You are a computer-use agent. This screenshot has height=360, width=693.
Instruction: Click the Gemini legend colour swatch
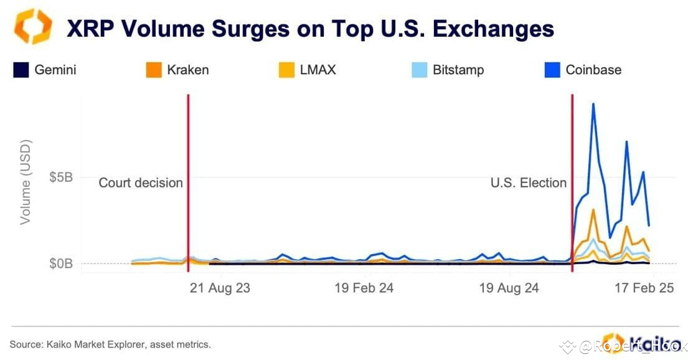click(x=21, y=70)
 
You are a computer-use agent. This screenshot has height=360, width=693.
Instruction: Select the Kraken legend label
click(x=187, y=70)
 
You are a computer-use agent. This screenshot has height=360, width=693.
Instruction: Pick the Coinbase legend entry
click(x=593, y=70)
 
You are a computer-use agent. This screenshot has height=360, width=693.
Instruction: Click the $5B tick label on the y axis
click(x=60, y=177)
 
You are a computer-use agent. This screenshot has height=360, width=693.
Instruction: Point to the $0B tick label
click(x=60, y=263)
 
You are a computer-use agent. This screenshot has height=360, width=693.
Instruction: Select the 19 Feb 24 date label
click(x=364, y=289)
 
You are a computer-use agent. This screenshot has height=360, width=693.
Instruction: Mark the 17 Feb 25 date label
click(x=644, y=289)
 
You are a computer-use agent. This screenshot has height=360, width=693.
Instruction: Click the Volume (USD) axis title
click(x=26, y=182)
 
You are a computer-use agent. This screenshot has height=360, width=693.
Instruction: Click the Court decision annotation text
click(x=141, y=183)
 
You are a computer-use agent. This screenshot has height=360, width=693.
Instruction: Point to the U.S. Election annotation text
click(x=528, y=183)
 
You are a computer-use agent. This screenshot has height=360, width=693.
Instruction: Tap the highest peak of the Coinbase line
click(x=593, y=104)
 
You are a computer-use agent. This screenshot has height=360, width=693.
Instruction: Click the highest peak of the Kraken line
click(x=593, y=210)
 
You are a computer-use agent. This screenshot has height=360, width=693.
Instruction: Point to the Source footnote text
click(x=110, y=344)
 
